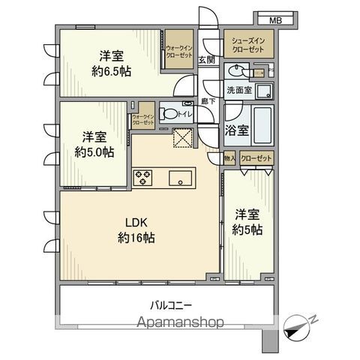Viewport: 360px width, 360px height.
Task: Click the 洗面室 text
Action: [238, 90]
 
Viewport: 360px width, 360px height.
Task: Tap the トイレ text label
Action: [185, 113]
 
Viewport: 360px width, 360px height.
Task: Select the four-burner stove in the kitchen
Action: [143, 178]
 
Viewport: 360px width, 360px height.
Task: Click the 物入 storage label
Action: [229, 158]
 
